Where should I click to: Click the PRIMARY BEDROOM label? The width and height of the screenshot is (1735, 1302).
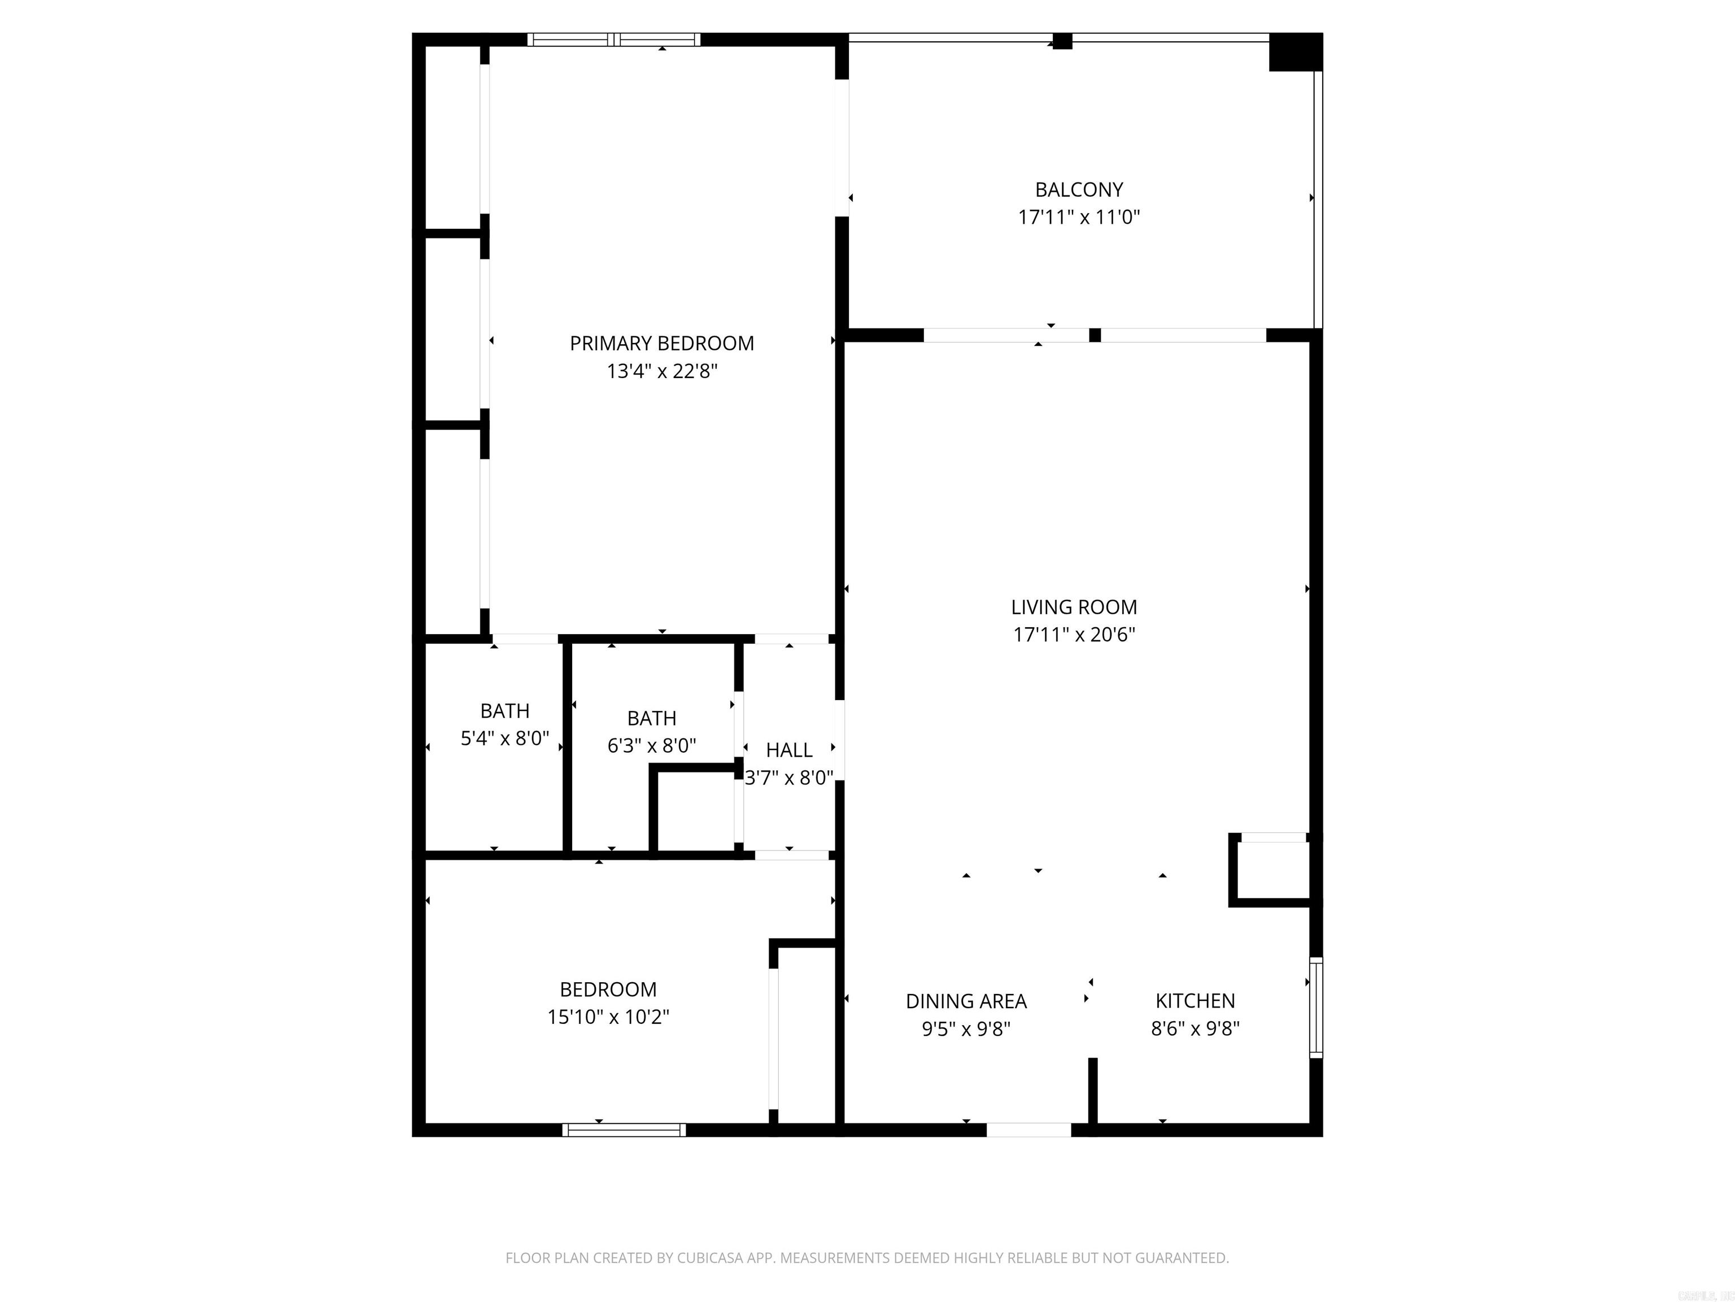(x=661, y=343)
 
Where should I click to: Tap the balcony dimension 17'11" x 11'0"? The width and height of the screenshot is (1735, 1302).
(x=1079, y=218)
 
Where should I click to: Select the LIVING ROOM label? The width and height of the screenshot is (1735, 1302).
(x=1073, y=607)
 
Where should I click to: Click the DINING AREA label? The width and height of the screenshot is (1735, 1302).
(x=966, y=1001)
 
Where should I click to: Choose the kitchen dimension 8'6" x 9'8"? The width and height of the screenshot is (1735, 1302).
(x=1195, y=1028)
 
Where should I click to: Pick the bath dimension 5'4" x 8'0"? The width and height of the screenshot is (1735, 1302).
(x=504, y=739)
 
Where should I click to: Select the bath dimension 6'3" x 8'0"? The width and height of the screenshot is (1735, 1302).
(x=651, y=745)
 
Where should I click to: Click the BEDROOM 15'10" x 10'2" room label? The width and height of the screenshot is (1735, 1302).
(x=608, y=989)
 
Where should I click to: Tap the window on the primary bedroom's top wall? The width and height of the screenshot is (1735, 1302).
(x=613, y=39)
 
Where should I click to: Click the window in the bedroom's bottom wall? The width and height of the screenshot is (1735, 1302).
(x=624, y=1129)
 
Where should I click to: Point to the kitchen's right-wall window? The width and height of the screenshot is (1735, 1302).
(x=1315, y=1007)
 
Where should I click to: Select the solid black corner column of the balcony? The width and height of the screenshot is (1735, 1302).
(x=1295, y=52)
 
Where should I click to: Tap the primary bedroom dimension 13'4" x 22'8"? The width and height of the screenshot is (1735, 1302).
(x=661, y=371)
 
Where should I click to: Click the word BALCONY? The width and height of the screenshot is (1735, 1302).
(x=1079, y=189)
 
